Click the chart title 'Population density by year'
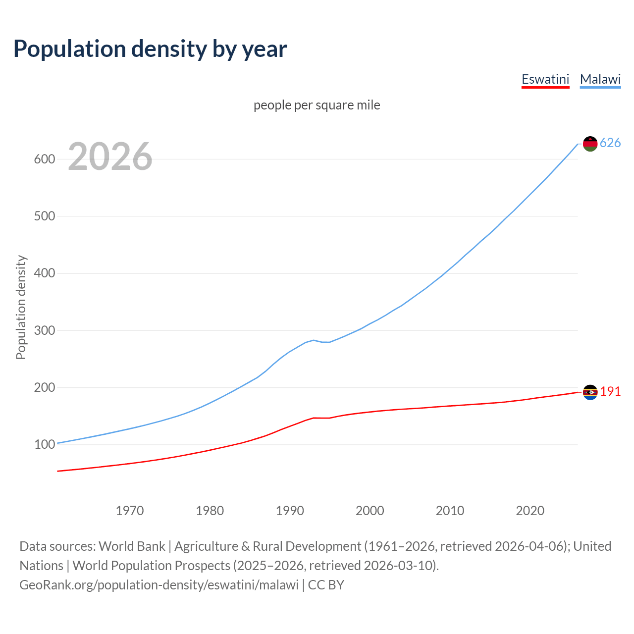150,49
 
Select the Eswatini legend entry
545,79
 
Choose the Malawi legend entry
600,79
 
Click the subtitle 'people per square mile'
317,105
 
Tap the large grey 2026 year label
110,157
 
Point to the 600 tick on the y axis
44,159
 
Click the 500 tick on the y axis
44,216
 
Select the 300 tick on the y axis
44,330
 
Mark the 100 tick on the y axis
44,445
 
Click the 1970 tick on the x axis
130,511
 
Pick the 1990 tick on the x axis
290,511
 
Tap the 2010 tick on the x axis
450,511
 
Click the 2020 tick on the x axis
530,511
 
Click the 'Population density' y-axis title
21,307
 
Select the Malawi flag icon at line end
590,144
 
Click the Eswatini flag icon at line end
590,392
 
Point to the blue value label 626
610,143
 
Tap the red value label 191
610,392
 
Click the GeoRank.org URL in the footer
159,585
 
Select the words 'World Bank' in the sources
132,546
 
